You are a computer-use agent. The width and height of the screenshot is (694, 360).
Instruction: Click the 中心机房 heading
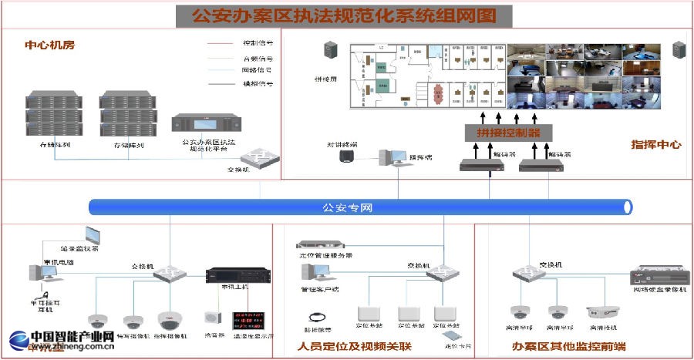50,45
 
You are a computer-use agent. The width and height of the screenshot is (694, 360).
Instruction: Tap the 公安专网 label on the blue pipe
347,207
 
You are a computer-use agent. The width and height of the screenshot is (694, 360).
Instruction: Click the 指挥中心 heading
656,144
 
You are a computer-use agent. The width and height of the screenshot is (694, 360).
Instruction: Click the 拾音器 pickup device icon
211,318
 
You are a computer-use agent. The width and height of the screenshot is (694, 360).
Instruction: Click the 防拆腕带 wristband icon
315,315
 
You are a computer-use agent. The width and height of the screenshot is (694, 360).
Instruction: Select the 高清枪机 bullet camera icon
602,312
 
